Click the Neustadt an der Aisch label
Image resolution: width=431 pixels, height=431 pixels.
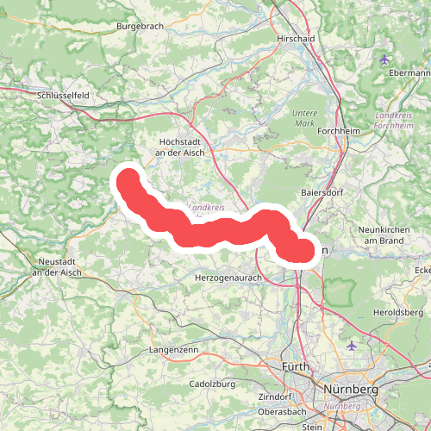[x=56, y=266]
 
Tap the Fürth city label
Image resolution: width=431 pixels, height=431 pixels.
[x=297, y=367]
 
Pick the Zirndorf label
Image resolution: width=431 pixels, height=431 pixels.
[x=275, y=397]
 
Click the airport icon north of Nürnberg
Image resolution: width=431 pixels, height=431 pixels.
[x=351, y=346]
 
